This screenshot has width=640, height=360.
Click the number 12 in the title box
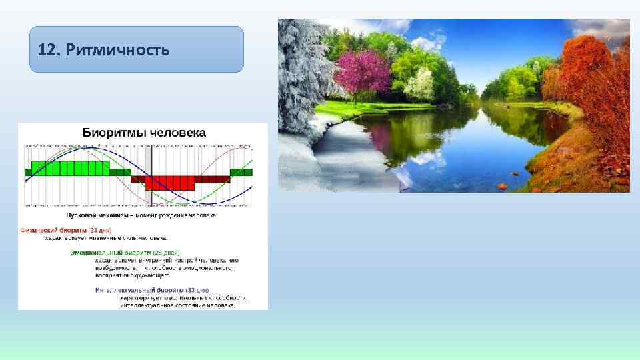pos(46,50)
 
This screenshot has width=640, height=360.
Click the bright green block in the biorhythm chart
pos(70,168)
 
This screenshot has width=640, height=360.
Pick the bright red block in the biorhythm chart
pos(170,183)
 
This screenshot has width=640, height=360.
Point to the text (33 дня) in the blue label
pos(198,291)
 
